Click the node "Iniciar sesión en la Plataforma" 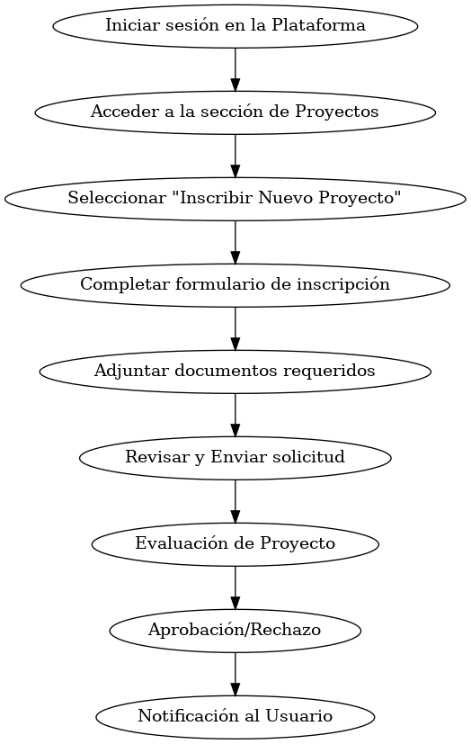(235, 26)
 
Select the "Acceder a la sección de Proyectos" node (235, 112)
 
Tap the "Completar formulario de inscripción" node (235, 285)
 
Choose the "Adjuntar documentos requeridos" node (235, 372)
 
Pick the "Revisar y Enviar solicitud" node (235, 458)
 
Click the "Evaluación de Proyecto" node (235, 544)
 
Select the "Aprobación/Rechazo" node (235, 631)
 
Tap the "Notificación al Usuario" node (235, 717)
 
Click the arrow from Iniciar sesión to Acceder (235, 69)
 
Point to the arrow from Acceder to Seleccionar (235, 156)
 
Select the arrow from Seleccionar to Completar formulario (235, 242)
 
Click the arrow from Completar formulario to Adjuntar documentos (235, 328)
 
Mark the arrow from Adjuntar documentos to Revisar (235, 415)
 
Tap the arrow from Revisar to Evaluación (235, 501)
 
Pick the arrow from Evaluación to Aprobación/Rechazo (235, 587)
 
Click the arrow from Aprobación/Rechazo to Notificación (235, 674)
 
